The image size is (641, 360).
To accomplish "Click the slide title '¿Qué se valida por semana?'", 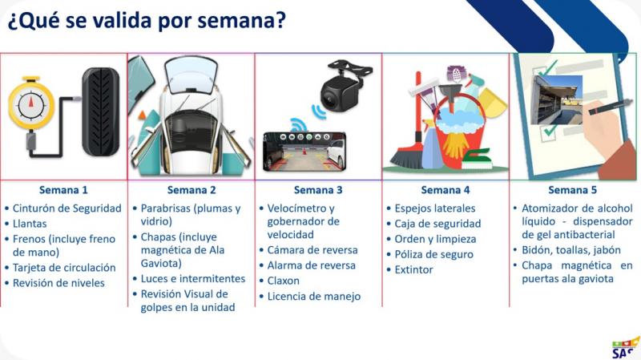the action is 147,21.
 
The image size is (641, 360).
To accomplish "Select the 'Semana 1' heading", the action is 63,190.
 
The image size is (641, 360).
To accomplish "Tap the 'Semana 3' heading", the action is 318,190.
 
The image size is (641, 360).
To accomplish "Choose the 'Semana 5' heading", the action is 572,190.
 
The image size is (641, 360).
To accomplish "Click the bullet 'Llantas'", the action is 30,224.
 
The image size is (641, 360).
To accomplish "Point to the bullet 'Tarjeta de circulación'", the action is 64,268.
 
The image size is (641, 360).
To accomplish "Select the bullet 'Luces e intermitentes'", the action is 193,278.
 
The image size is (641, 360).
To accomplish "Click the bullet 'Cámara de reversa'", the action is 312,250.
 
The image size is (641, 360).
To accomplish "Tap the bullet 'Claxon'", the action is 284,281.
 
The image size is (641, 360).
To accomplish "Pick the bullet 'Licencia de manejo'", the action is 314,296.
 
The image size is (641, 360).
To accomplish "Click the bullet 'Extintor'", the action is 413,269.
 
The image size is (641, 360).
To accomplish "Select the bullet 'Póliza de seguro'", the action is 433,254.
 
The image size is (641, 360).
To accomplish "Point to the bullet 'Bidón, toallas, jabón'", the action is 571,250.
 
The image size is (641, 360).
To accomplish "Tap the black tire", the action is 101,111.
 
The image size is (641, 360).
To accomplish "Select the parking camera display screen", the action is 304,152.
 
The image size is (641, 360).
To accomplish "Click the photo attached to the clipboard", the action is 556,99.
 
